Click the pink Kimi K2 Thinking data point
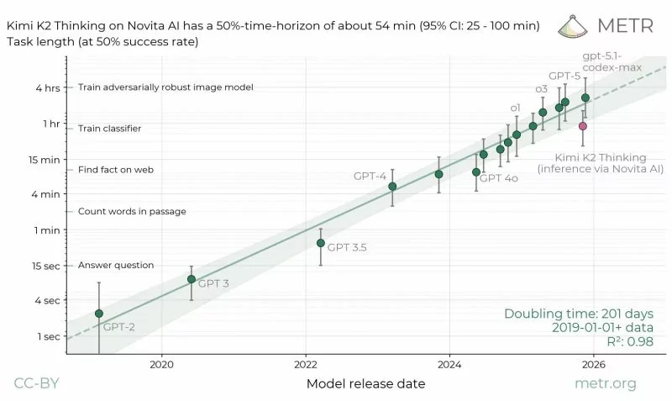(583, 126)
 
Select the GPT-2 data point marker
(99, 314)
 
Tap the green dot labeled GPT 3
(192, 279)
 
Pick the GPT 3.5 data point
(320, 243)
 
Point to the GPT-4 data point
(392, 187)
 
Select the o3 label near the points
(542, 89)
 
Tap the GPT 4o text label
(498, 179)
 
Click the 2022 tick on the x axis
(305, 364)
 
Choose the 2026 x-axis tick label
(593, 364)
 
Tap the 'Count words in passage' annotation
(132, 211)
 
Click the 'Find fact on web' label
(116, 170)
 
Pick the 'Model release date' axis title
(365, 384)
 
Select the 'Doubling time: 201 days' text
(579, 314)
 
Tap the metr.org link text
(605, 384)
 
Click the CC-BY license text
(35, 384)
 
